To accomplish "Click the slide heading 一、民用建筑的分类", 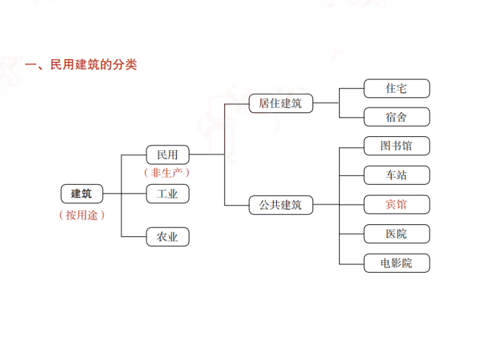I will click(80, 65).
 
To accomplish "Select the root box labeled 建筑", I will click(81, 194).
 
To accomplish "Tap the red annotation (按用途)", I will click(81, 215).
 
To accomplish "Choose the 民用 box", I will click(167, 155).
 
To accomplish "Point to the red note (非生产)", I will click(167, 173).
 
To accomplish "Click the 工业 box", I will click(167, 194).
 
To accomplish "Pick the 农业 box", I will click(167, 237).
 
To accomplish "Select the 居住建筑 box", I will click(280, 103).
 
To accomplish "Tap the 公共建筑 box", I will click(280, 205).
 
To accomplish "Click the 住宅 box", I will click(397, 89).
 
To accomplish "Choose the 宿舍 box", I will click(397, 117).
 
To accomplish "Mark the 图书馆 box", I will click(397, 146).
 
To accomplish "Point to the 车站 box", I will click(397, 175).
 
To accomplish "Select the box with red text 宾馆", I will click(397, 205).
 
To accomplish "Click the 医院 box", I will click(397, 234).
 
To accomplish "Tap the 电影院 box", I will click(397, 263).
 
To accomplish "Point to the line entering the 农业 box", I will click(133, 237).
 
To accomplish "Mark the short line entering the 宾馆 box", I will click(351, 205).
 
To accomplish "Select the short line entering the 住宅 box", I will click(351, 89).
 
